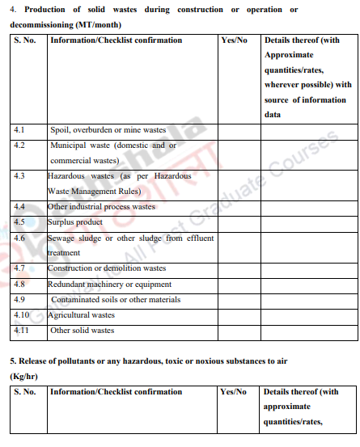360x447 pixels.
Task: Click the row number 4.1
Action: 20,129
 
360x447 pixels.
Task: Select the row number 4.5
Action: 20,221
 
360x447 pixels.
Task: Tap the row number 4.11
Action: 22,330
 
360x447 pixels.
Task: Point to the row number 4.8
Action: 20,284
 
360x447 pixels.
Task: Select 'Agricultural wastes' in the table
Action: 81,314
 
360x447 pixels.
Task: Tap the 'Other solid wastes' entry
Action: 83,330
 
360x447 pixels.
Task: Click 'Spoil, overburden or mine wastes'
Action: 108,129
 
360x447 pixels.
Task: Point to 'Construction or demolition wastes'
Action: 107,268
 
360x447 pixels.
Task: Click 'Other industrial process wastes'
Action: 101,206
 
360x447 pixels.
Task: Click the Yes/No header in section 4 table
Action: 234,40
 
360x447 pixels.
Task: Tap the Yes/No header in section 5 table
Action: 234,392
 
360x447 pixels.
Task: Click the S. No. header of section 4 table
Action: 25,40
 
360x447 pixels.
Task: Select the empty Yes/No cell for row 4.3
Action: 238,183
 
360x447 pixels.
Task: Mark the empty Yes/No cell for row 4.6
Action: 238,245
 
